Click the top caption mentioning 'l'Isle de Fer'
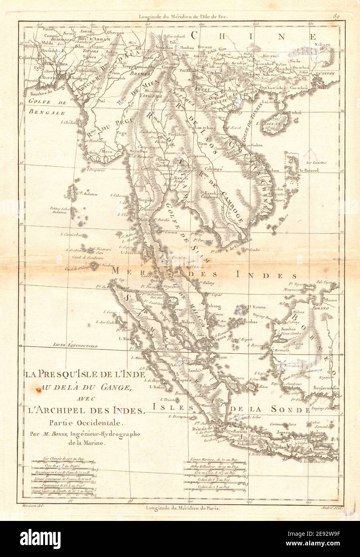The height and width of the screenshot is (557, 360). click(179, 6)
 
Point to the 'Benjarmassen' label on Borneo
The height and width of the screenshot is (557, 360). click(327, 388)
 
